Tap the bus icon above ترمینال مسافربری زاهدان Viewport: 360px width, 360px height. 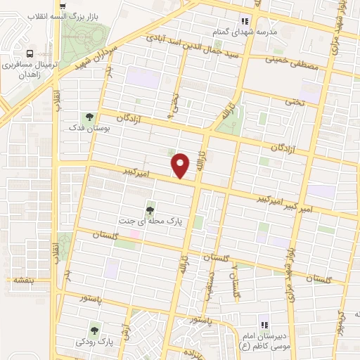[x=30, y=53]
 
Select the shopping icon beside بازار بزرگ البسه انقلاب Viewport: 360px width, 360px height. [x=63, y=6]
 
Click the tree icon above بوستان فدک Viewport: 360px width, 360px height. [x=89, y=117]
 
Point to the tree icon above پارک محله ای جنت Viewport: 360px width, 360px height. [x=150, y=210]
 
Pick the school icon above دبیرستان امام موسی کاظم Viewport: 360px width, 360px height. [x=264, y=325]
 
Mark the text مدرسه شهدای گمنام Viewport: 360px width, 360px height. [x=245, y=32]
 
